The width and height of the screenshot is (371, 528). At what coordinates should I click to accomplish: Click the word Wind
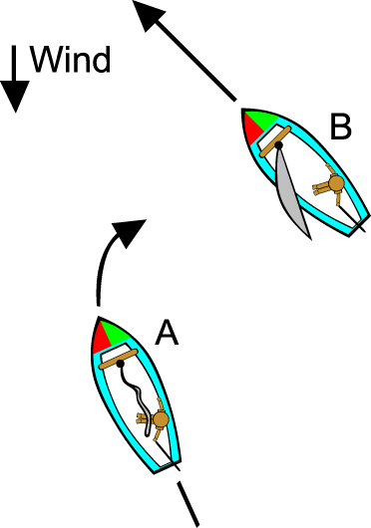(70, 61)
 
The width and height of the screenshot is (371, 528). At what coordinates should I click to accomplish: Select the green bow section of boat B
(265, 121)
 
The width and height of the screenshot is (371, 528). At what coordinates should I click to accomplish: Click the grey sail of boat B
(291, 199)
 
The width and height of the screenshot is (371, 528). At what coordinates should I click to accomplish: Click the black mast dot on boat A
(120, 366)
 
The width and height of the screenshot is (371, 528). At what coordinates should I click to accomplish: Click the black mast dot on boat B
(278, 145)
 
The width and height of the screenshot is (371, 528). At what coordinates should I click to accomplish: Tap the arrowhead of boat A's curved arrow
(125, 231)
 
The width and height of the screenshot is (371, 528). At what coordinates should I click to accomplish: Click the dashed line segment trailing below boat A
(188, 502)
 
